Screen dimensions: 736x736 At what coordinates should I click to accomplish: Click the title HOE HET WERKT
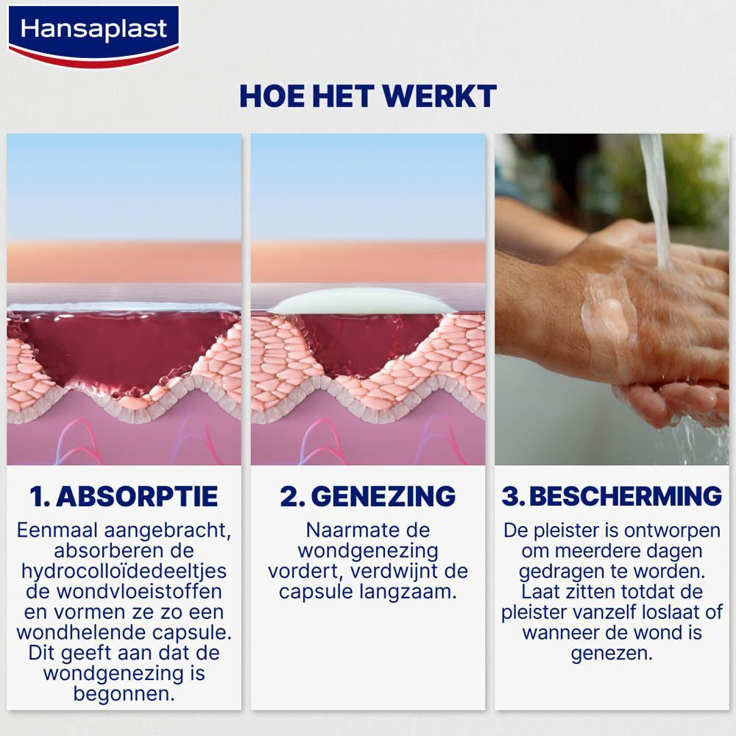(368, 96)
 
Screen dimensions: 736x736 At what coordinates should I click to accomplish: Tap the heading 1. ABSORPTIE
(124, 496)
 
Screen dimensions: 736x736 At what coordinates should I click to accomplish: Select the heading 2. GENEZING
(367, 496)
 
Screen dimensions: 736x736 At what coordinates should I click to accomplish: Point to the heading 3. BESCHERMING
(612, 496)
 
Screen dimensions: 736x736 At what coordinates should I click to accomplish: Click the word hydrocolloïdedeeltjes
(124, 572)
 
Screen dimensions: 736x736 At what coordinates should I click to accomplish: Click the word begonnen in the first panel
(124, 693)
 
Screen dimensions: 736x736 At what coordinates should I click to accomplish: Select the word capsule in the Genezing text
(314, 592)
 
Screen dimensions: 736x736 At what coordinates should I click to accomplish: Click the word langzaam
(414, 592)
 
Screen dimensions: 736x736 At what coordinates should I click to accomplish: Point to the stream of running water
(657, 199)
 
